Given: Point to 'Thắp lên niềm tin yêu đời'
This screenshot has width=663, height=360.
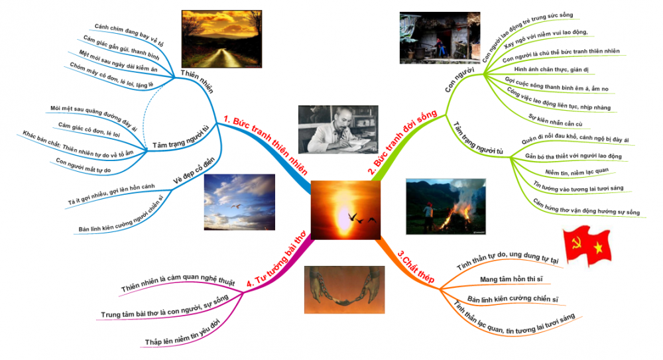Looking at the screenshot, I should (x=181, y=336).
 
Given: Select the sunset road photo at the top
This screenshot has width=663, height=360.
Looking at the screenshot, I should (x=215, y=39).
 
